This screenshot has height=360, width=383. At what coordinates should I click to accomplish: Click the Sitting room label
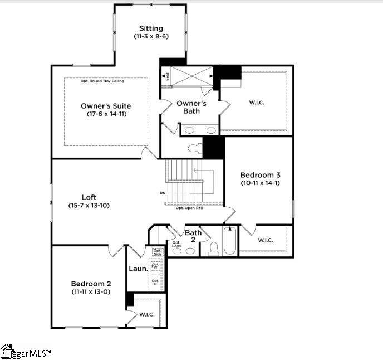(151, 28)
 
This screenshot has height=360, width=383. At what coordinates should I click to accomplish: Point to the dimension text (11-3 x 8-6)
(151, 36)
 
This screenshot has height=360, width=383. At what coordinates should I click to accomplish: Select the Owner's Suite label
(106, 105)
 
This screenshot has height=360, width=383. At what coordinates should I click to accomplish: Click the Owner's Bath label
(191, 107)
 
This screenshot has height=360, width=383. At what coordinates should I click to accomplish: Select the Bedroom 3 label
(261, 174)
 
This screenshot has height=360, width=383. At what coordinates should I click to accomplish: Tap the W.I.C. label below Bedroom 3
(266, 240)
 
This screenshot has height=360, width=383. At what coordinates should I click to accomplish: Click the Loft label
(90, 197)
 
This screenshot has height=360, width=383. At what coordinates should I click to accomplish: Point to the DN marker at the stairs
(162, 193)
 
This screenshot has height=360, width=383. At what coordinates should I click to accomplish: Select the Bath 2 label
(193, 236)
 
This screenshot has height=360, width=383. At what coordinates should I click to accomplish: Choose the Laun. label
(138, 269)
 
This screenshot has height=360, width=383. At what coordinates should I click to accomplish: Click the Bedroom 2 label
(91, 283)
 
